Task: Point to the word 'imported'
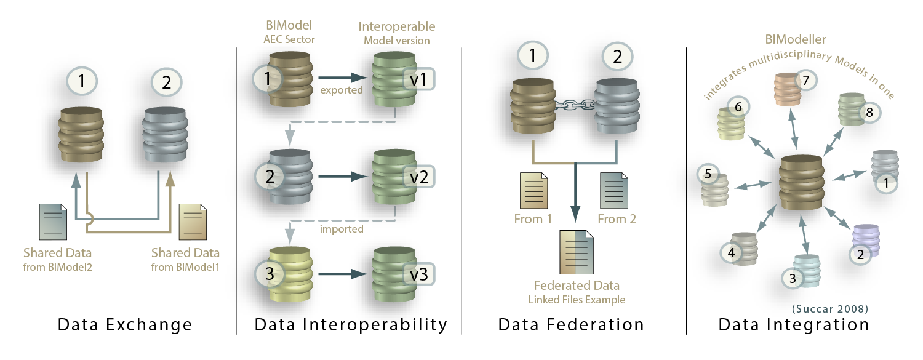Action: (x=342, y=229)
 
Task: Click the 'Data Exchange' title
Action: (x=125, y=324)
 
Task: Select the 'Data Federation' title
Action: (x=571, y=324)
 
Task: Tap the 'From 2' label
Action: (x=617, y=218)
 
